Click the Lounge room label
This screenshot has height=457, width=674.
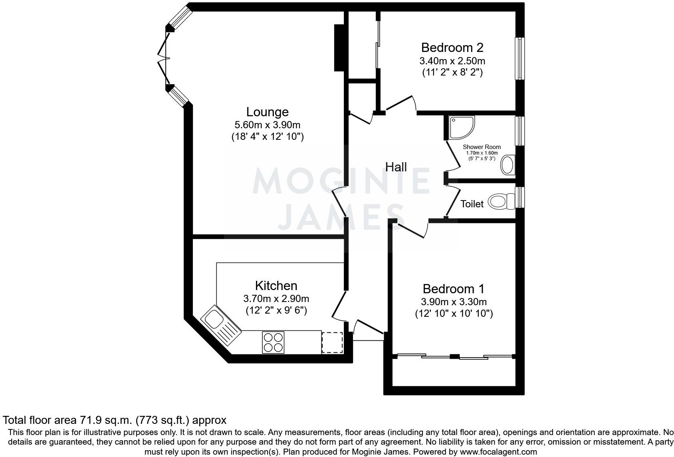267,112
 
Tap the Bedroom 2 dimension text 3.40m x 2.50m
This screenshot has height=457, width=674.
452,61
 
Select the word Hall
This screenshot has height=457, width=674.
396,167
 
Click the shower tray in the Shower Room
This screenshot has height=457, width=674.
461,127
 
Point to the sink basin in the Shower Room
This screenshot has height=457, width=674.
508,165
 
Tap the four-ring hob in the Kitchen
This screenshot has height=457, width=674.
273,342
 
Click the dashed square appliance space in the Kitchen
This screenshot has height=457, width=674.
332,342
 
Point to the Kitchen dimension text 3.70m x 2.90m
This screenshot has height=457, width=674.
276,298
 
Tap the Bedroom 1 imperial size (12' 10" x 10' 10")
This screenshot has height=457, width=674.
454,314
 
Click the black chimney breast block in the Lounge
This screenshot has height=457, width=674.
339,48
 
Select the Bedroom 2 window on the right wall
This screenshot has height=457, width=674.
519,59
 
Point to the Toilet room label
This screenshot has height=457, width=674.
472,204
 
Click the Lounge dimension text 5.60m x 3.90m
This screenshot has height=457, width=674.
268,125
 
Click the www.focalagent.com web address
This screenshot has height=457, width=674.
498,452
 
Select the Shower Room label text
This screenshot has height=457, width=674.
482,147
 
